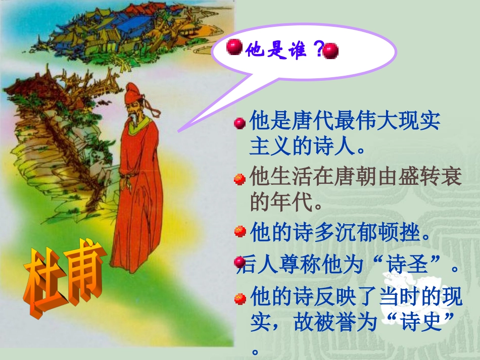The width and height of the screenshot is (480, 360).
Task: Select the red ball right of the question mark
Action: [330, 51]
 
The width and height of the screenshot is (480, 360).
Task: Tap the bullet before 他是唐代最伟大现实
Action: [241, 123]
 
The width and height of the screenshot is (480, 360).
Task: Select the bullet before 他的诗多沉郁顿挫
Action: [241, 232]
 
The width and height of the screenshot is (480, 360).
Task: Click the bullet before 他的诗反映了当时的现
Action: [241, 298]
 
